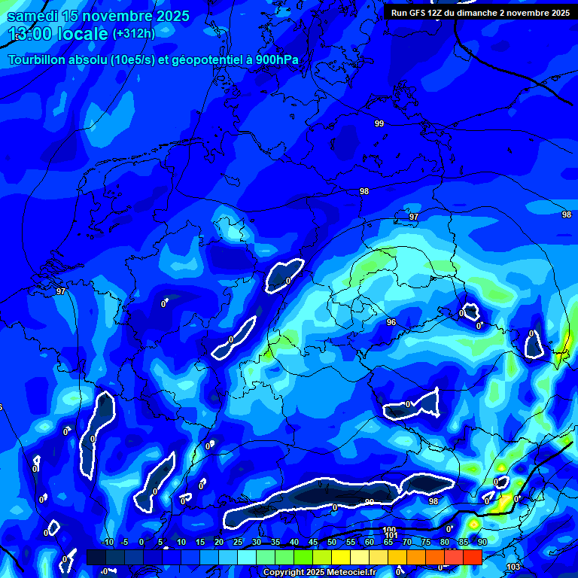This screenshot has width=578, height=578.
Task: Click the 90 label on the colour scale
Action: pos(482,542)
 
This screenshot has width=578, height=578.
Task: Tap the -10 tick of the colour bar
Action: pos(107,542)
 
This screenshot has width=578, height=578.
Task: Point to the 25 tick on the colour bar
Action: pos(238,542)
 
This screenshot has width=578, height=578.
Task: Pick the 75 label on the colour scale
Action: pos(426,542)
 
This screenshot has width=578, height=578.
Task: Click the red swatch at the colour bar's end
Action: pos(472,557)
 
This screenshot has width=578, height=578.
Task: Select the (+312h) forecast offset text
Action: pos(133,34)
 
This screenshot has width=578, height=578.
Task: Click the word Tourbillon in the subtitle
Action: pos(38,60)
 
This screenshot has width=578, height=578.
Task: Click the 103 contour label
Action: pos(513,567)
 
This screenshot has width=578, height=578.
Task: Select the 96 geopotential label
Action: pos(391,322)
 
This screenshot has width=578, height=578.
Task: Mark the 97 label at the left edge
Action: pos(61,291)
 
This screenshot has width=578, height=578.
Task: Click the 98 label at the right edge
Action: pos(566,214)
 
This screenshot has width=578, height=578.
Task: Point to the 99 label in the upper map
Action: pos(379,123)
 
